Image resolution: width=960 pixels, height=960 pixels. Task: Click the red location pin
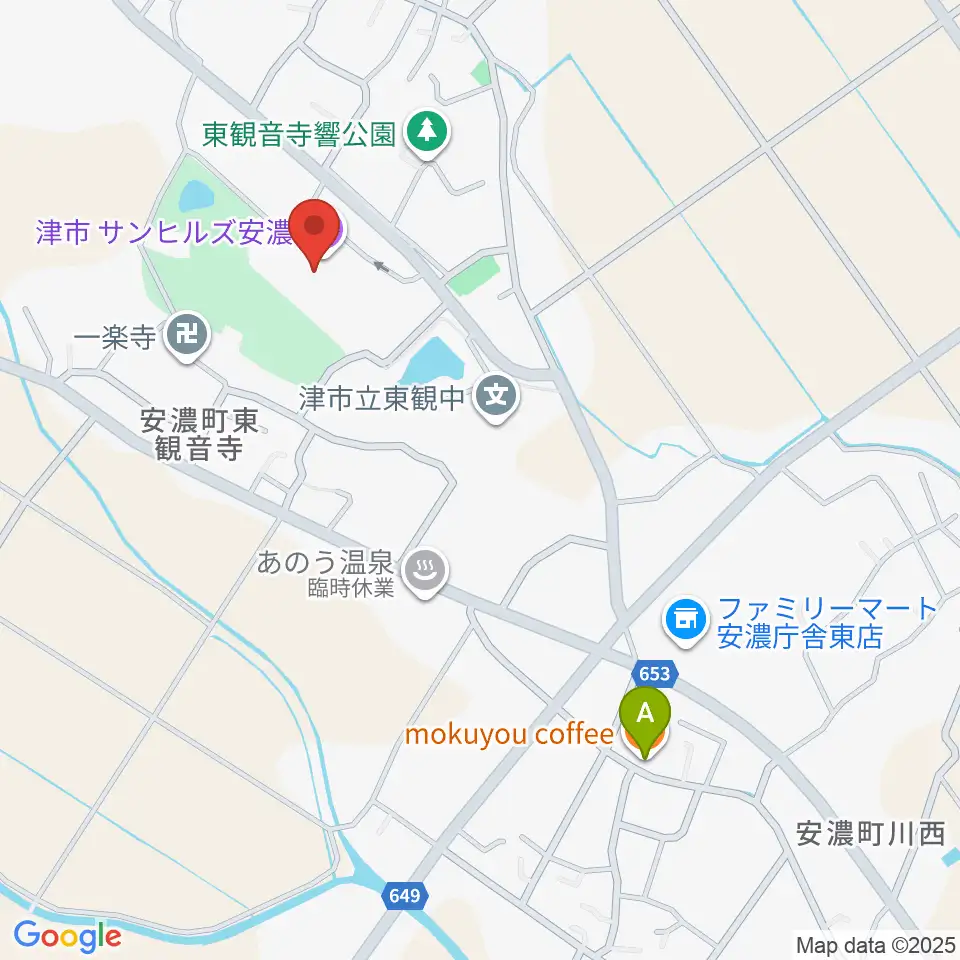point(317,229)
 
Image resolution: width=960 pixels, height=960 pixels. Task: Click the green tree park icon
point(428,131)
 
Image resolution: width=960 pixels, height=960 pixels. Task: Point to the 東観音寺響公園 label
point(299,135)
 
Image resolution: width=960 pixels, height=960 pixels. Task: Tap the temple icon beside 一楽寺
point(187,333)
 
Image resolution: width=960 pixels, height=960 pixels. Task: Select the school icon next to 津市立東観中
point(496,395)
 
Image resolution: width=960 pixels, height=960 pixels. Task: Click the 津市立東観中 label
point(384,398)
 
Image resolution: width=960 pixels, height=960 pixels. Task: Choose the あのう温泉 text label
point(328,564)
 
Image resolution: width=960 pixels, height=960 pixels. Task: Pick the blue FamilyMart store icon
point(685,620)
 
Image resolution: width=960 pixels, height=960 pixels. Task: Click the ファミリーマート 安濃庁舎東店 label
point(826,622)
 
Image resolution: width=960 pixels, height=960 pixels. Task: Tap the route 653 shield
point(656,673)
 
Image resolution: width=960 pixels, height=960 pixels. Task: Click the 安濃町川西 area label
point(870,832)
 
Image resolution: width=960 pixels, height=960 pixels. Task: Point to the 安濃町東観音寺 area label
point(200,435)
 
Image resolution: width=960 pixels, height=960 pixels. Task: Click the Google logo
point(67,935)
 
